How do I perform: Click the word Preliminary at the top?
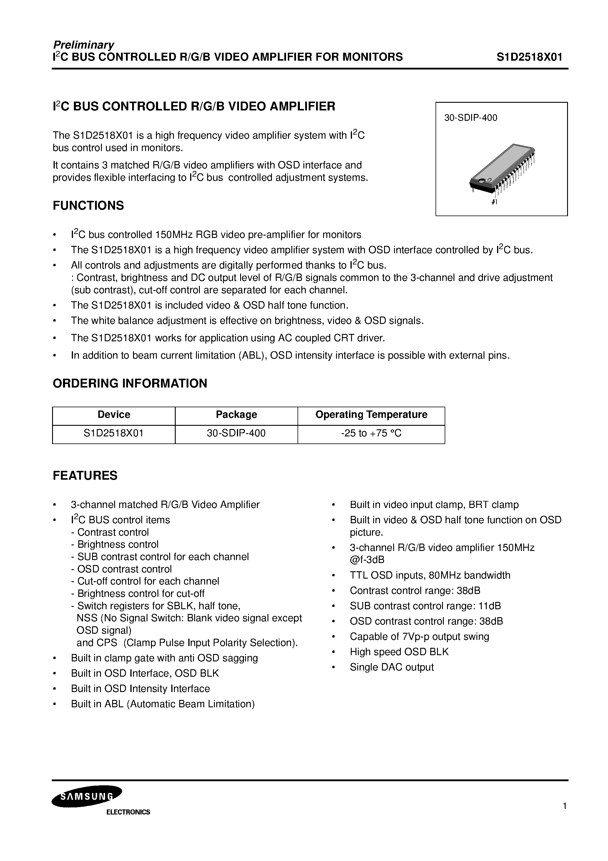(83, 45)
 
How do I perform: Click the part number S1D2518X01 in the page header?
(529, 57)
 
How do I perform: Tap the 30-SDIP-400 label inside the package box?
(471, 118)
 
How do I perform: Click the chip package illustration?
(502, 169)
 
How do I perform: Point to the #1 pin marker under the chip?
(494, 202)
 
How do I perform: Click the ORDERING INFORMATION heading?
(130, 383)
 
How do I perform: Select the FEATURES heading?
(85, 476)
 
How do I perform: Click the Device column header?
(114, 414)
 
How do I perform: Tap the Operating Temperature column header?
(371, 414)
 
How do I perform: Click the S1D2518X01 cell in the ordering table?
(114, 433)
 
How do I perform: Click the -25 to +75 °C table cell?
(371, 433)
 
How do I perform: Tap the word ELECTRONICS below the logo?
(128, 812)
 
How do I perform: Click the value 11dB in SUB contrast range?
(490, 606)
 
